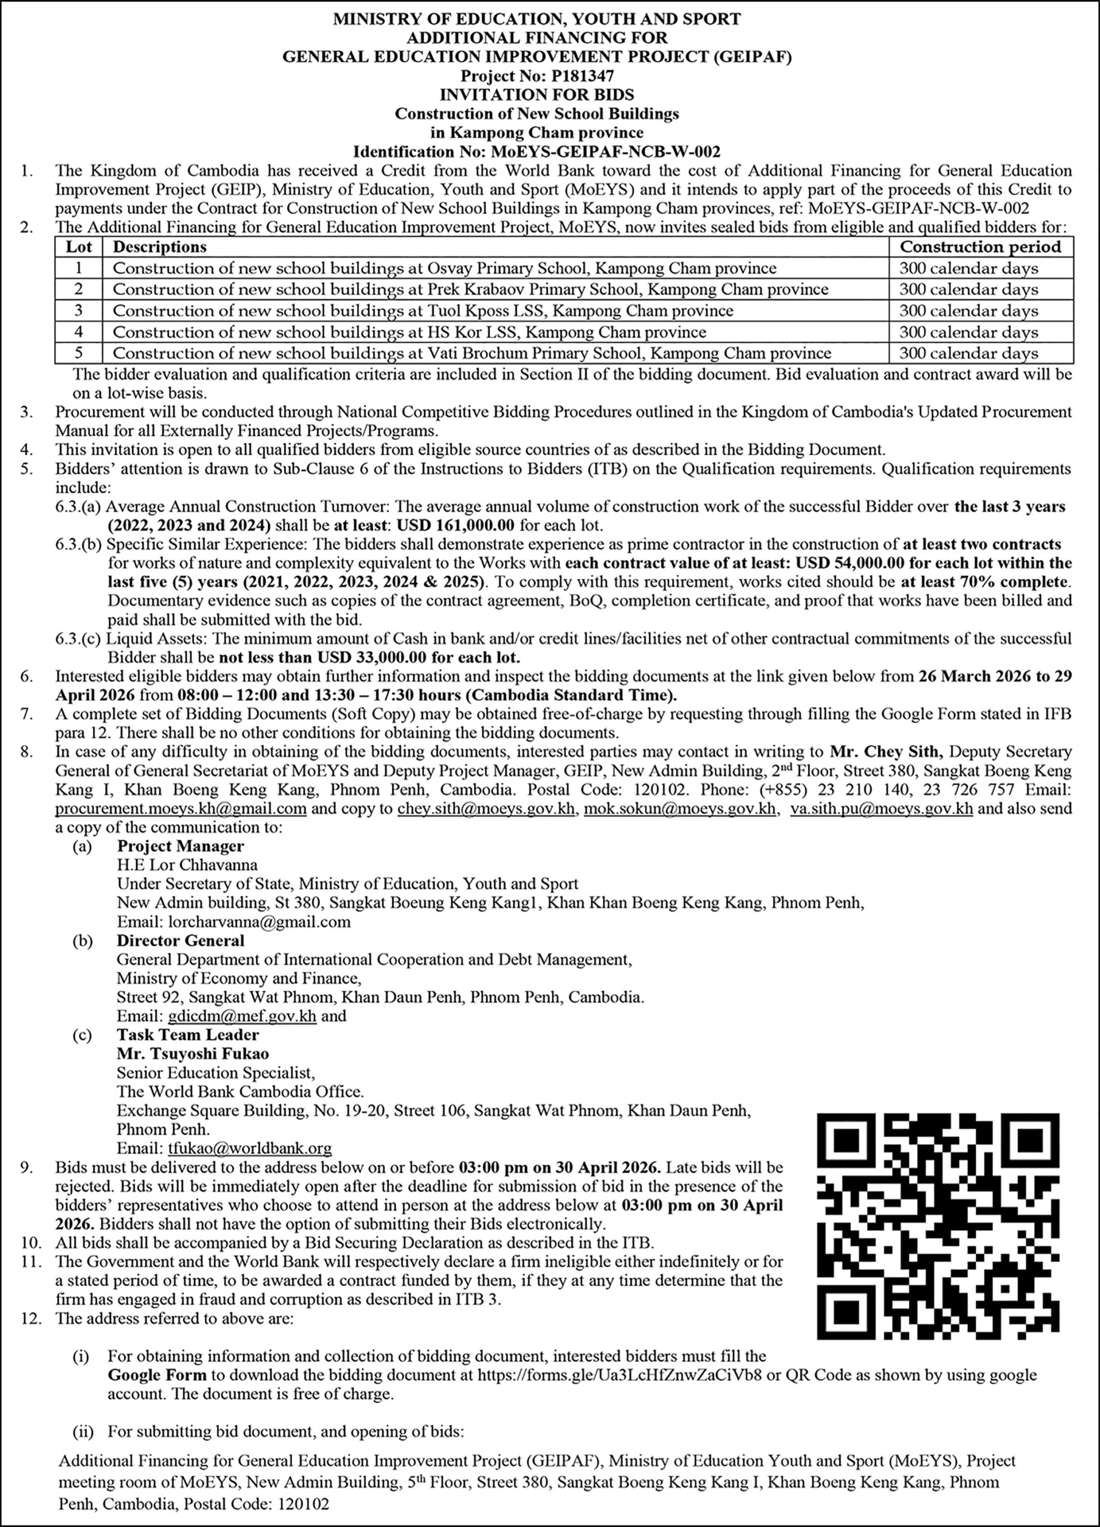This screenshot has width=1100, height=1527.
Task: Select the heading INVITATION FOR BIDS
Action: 537,95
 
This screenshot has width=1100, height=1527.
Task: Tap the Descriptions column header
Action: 159,247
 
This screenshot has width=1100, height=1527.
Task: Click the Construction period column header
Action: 980,247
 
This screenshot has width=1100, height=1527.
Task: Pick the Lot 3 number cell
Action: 79,310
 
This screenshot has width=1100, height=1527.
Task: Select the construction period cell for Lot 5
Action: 969,354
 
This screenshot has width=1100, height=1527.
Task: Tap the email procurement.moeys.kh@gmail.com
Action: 180,808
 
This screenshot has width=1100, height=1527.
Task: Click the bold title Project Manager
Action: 180,846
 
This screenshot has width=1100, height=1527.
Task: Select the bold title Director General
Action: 180,941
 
